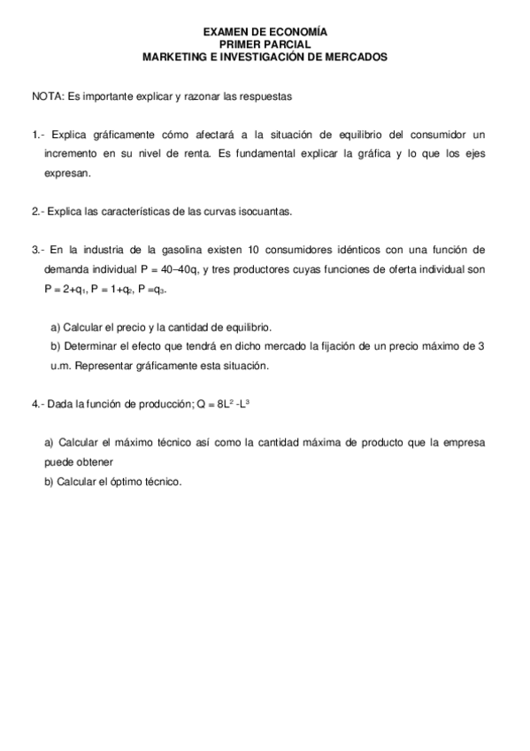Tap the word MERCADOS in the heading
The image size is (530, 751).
pyautogui.click(x=351, y=55)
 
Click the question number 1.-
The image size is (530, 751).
pyautogui.click(x=39, y=135)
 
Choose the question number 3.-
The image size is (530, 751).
pyautogui.click(x=39, y=250)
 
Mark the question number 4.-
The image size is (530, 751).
pyautogui.click(x=39, y=404)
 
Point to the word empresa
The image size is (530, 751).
pyautogui.click(x=459, y=442)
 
